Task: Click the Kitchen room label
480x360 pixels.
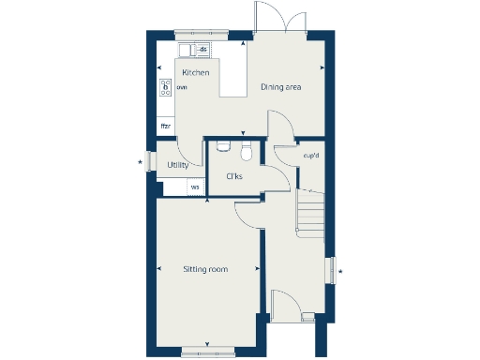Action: click(x=195, y=73)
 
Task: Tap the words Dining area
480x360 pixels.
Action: click(x=279, y=87)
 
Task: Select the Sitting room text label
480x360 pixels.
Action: click(x=206, y=270)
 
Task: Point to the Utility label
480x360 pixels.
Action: click(x=177, y=165)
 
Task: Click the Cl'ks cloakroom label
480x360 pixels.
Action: click(x=234, y=176)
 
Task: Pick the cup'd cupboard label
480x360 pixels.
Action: click(x=312, y=156)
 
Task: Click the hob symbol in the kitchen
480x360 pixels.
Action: click(x=165, y=87)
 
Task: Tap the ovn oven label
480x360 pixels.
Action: click(x=181, y=87)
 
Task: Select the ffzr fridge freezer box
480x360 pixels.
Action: click(x=166, y=126)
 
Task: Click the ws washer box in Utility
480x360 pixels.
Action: click(x=195, y=187)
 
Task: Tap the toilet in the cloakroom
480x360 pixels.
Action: click(x=247, y=150)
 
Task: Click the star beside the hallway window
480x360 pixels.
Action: click(x=340, y=272)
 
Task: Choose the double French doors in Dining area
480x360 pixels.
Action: click(x=279, y=21)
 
